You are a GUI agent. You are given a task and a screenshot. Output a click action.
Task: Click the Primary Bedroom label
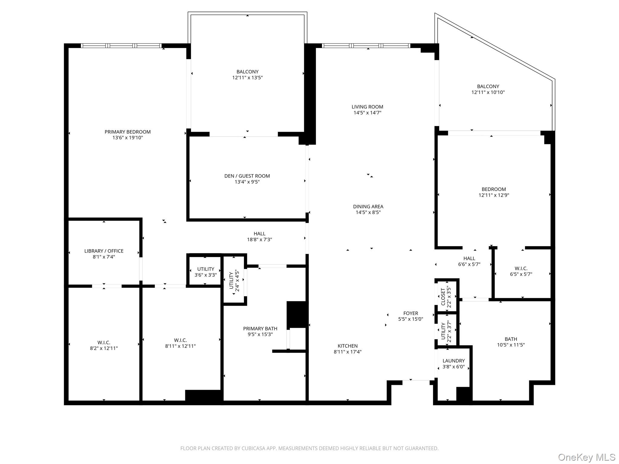coord(128,132)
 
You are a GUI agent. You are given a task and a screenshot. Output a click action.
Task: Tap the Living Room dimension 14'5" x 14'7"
coord(367,113)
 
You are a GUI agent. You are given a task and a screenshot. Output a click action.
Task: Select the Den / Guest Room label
coord(247,176)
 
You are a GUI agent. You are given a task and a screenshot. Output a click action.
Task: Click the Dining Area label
coord(368,207)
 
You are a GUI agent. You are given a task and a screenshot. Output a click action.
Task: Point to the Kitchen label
coord(347,346)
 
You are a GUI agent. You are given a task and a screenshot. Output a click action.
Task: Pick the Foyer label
coord(410,313)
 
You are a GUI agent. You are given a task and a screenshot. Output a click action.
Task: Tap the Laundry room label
coord(453,361)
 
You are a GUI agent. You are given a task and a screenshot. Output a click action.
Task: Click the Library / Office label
coord(104,251)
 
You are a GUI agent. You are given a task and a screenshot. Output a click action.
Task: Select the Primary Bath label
coord(260,329)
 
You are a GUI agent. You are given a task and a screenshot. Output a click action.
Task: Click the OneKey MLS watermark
coord(586,457)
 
